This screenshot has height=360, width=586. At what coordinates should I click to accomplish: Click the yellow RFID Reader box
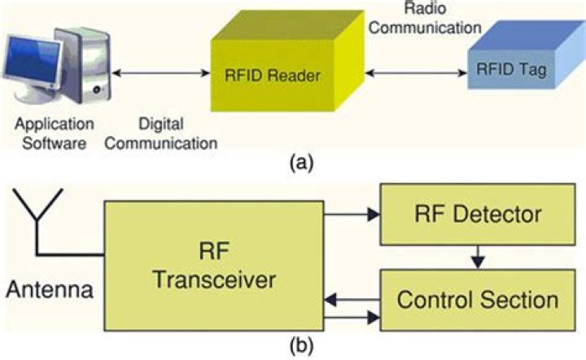(x=282, y=77)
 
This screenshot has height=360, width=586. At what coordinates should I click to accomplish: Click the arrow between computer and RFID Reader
(x=162, y=74)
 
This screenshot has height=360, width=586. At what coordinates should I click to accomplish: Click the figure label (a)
(x=299, y=164)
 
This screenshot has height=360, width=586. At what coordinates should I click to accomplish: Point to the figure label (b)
(x=299, y=345)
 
